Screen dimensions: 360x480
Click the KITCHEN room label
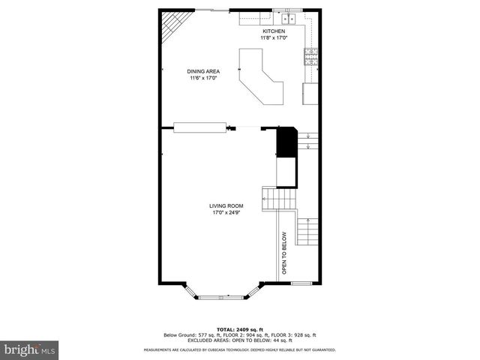273,31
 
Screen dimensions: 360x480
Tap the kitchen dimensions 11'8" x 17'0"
273,37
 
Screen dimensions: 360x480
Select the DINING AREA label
203,71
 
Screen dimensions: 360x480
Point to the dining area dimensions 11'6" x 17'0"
203,78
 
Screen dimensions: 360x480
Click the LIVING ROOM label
225,205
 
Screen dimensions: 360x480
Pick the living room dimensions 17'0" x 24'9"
225,212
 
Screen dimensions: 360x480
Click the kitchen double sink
289,18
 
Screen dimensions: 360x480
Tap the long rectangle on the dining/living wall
199,127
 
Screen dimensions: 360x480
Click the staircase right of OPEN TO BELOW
308,230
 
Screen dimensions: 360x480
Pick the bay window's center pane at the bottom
222,297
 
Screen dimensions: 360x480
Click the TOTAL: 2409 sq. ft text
240,329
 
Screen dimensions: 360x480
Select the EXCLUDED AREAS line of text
240,340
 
